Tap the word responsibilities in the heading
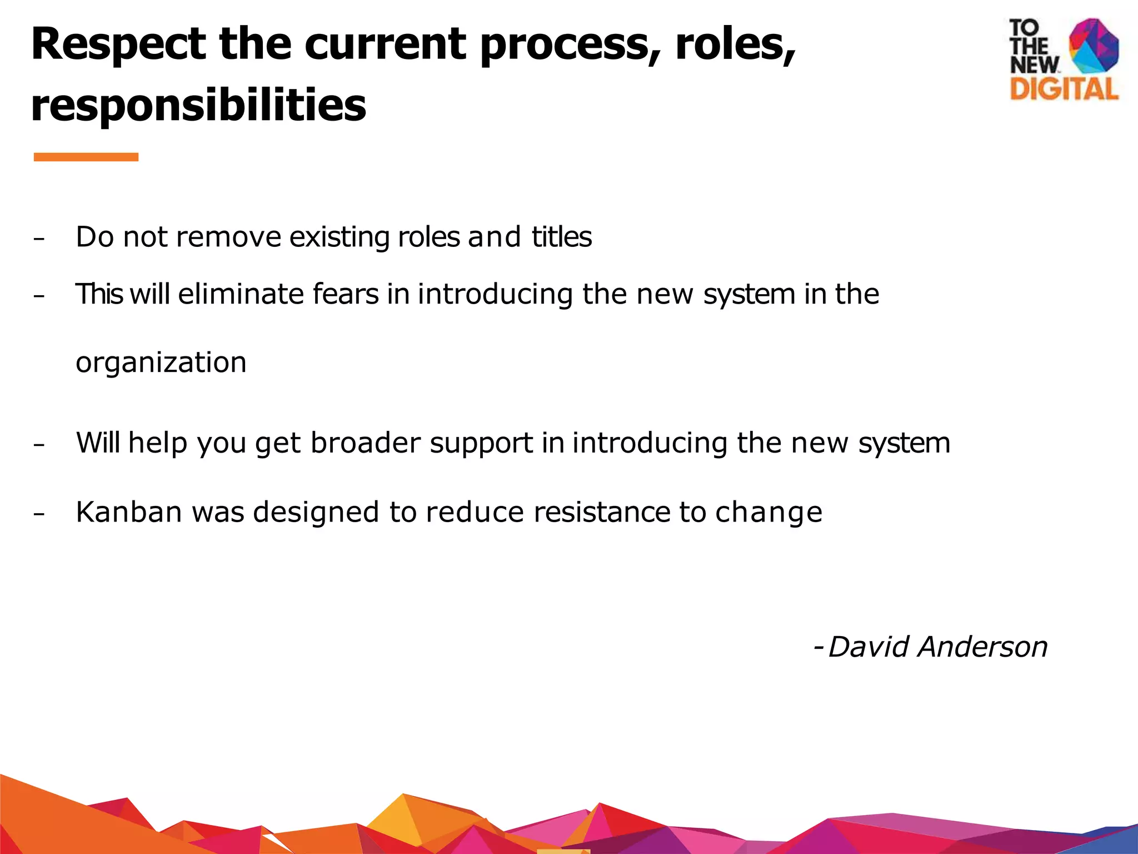[x=198, y=105]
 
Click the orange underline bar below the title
[x=86, y=157]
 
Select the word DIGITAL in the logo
[x=1064, y=90]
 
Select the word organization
[x=161, y=363]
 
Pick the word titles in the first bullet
[x=561, y=237]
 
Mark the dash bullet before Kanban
[x=38, y=514]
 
